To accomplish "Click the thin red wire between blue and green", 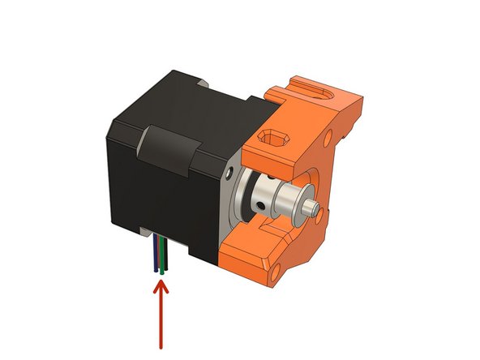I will [x=158, y=258].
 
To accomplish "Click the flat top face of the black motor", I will [x=186, y=101].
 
